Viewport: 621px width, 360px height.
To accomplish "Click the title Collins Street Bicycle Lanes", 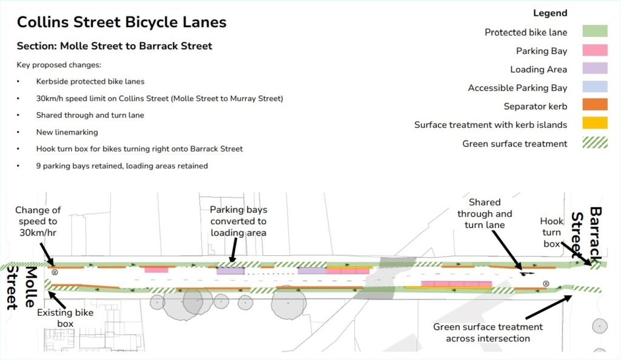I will click(121, 22).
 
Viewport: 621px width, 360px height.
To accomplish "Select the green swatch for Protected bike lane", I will click(594, 32).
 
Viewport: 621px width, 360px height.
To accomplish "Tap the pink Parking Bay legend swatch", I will click(594, 51).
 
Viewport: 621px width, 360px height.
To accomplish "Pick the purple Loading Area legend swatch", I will click(594, 69).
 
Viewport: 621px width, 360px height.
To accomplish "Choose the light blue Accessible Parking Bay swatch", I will click(594, 88).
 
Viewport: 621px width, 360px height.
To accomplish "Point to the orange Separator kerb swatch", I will click(594, 106).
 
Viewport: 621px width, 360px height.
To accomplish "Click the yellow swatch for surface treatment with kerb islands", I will click(594, 125).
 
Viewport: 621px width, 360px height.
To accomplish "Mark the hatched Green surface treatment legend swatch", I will click(594, 144).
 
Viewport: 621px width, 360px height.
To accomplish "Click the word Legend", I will click(550, 13).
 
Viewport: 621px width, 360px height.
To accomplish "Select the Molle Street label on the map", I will click(18, 287).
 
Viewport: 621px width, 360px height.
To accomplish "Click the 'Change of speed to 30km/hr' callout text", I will click(38, 221).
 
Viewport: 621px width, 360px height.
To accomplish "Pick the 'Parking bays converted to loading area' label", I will click(238, 221).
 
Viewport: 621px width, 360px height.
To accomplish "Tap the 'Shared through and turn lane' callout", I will click(485, 213).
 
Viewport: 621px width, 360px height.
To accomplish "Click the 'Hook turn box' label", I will click(551, 232).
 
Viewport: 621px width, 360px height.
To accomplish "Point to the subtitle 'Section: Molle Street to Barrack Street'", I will click(115, 46).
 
